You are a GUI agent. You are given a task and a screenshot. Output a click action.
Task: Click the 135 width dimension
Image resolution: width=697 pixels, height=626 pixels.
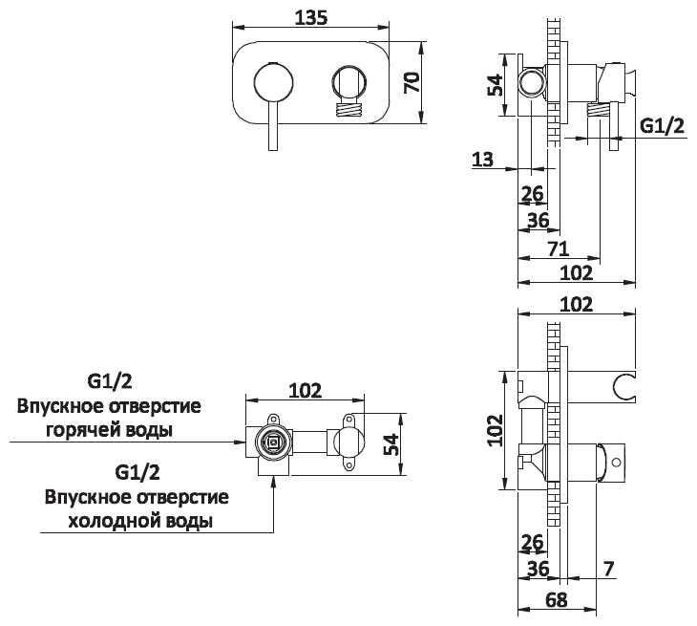312,16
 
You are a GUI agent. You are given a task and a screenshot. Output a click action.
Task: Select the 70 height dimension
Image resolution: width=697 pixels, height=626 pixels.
412,81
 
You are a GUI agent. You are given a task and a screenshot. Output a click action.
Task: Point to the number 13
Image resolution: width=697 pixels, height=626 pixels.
483,160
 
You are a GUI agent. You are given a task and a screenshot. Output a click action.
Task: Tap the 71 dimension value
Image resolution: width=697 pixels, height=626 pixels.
560,248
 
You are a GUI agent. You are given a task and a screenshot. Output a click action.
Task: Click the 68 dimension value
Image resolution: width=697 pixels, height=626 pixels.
558,600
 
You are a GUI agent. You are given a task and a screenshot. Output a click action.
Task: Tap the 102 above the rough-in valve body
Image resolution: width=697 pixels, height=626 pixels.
305,390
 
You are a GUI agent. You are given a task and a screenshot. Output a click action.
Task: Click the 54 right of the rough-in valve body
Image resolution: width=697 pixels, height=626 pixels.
392,443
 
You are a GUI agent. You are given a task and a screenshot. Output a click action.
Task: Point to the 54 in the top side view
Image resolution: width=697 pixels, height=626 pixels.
496,85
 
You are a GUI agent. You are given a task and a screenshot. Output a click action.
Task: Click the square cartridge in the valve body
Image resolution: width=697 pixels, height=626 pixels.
273,443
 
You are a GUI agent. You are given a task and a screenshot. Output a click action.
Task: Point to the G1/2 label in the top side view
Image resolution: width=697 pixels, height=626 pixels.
662,125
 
